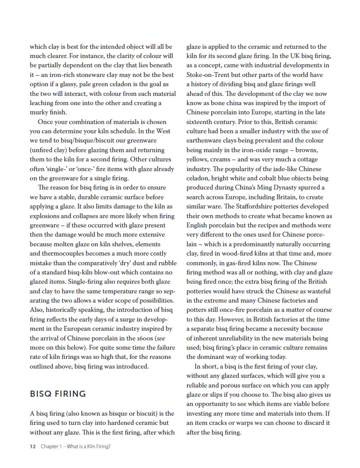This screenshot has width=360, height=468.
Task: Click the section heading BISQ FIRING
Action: coord(58,393)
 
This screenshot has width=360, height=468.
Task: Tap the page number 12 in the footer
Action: coord(33,446)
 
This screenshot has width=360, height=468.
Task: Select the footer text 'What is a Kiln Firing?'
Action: coord(86,446)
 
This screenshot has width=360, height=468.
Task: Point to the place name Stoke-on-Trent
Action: coord(209,75)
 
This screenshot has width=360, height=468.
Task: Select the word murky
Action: coord(39,112)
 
